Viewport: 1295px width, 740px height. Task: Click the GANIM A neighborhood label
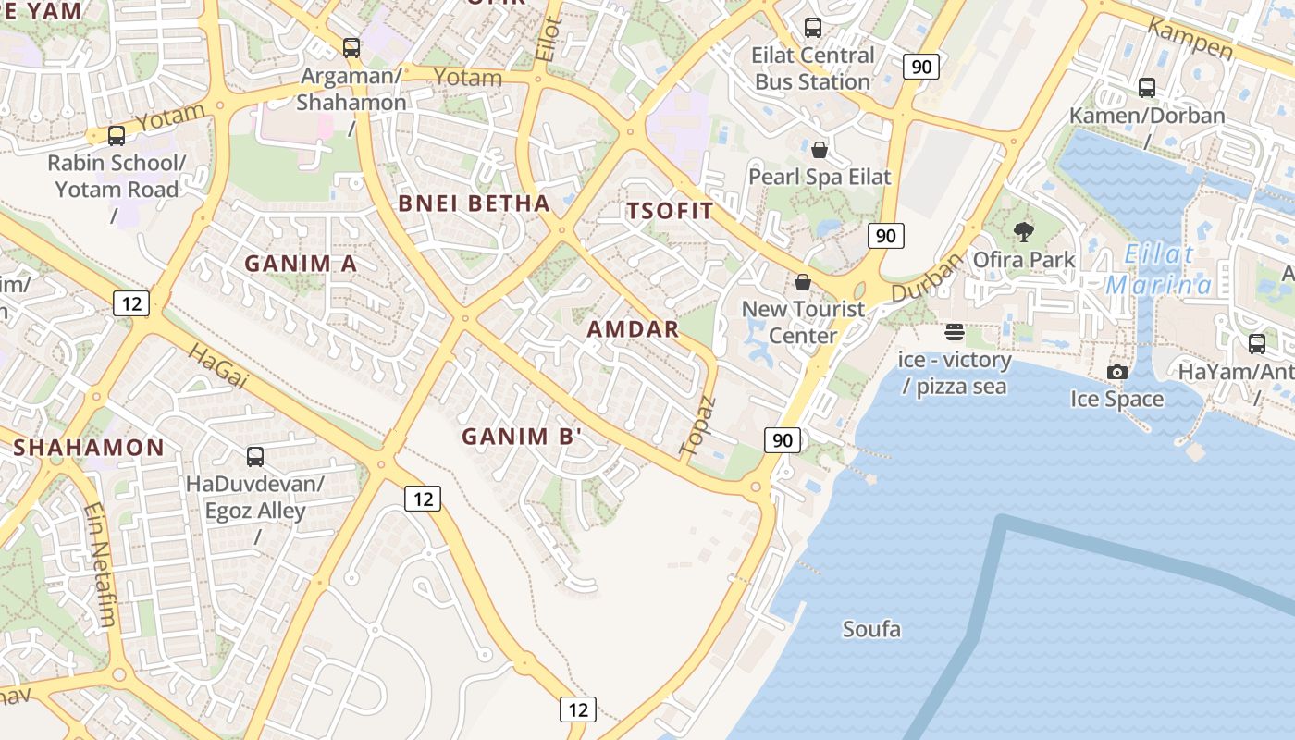pyautogui.click(x=301, y=264)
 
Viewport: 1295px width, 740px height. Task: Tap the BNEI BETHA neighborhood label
pyautogui.click(x=474, y=203)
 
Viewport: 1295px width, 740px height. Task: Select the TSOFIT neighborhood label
pyautogui.click(x=671, y=211)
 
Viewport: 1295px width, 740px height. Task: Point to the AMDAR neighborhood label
pyautogui.click(x=633, y=329)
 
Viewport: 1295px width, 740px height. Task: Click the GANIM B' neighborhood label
pyautogui.click(x=522, y=437)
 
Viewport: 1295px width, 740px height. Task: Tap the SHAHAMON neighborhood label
pyautogui.click(x=89, y=448)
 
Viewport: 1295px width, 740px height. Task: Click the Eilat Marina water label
pyautogui.click(x=1159, y=269)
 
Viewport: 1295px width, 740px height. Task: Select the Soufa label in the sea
pyautogui.click(x=871, y=630)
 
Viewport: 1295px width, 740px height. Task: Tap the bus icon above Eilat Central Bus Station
pyautogui.click(x=813, y=28)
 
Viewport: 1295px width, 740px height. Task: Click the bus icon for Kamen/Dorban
pyautogui.click(x=1147, y=88)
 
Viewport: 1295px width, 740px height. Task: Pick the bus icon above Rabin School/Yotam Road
pyautogui.click(x=117, y=136)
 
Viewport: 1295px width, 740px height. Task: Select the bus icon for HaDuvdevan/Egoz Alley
pyautogui.click(x=255, y=456)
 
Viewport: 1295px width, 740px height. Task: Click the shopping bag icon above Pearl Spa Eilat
pyautogui.click(x=819, y=150)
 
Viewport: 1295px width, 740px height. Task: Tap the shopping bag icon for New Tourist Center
pyautogui.click(x=803, y=282)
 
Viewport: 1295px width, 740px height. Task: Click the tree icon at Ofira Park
pyautogui.click(x=1023, y=232)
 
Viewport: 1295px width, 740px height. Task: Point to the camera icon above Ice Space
pyautogui.click(x=1117, y=372)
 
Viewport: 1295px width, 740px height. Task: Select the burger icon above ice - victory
pyautogui.click(x=955, y=332)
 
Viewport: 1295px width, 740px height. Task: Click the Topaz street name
pyautogui.click(x=698, y=425)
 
